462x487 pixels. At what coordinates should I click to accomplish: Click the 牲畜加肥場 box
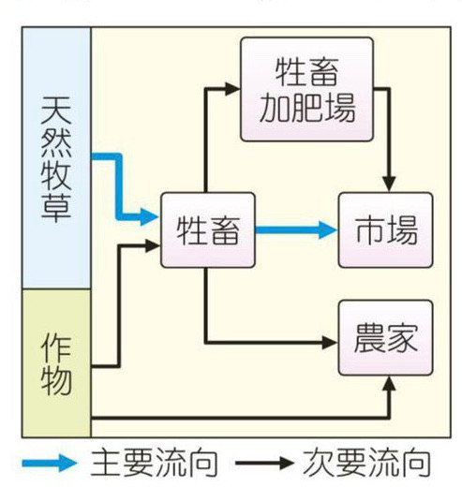coord(306,89)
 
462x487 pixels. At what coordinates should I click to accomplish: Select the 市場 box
coord(386,230)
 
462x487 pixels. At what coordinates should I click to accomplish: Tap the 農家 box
coord(386,338)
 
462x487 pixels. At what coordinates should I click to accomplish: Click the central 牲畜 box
coord(208,230)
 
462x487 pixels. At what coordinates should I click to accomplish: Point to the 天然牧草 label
coord(56,159)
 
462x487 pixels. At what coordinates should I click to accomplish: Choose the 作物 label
coord(56,364)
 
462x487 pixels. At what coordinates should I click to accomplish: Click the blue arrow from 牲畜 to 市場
coord(296,230)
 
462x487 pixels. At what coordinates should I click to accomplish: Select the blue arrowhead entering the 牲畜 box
coord(149,216)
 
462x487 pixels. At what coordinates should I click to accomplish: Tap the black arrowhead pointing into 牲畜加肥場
coord(232,89)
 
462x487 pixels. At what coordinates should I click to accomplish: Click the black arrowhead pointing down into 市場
coord(389,184)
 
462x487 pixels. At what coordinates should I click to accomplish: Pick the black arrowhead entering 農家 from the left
coord(330,343)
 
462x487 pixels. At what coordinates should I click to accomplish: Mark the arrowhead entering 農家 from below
coord(389,384)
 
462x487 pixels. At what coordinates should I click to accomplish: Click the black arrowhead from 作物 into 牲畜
coord(153,246)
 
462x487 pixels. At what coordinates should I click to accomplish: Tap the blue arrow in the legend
coord(49,463)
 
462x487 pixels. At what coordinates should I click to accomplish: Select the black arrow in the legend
coord(264,463)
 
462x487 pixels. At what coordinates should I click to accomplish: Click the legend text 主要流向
coord(155,463)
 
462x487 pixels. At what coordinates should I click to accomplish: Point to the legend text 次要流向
coord(367,463)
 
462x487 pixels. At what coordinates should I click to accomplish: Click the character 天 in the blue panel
coord(56,110)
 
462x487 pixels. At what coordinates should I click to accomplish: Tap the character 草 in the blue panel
coord(56,208)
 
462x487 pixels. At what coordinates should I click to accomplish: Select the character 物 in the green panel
coord(56,381)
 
